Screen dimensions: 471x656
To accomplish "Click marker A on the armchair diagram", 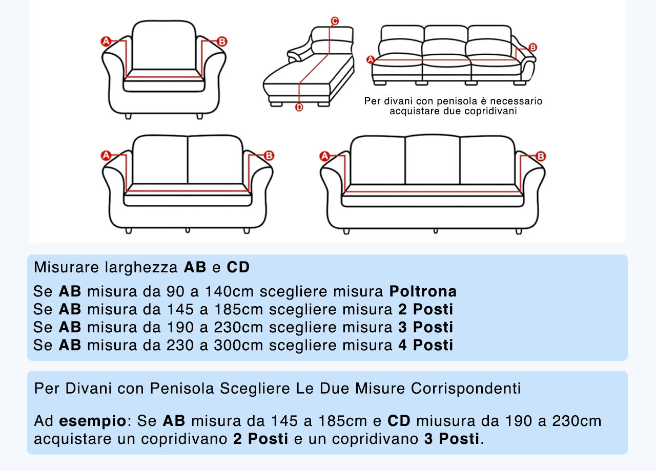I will (x=106, y=41).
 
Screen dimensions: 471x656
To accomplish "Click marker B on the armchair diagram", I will (x=222, y=41).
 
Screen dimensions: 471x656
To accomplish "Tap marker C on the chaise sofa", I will (x=334, y=21).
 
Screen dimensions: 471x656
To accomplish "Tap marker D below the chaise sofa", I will (x=299, y=107).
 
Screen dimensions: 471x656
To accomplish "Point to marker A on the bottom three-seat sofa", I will (x=324, y=157).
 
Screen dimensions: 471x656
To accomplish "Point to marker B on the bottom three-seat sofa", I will (x=541, y=156).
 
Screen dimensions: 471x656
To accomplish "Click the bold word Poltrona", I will (x=423, y=292).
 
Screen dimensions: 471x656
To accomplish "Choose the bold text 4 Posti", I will (x=426, y=345).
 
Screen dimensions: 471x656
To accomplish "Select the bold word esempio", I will (x=93, y=422).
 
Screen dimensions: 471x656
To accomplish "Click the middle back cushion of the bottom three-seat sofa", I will (x=432, y=160).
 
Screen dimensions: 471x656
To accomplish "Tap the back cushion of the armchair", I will (x=164, y=45).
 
